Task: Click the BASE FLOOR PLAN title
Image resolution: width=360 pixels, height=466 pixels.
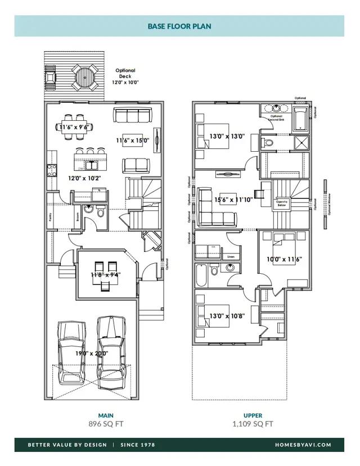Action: point(179,26)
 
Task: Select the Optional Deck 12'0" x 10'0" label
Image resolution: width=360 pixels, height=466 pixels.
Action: point(125,76)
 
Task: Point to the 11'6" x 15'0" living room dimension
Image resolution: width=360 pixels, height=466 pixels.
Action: point(132,141)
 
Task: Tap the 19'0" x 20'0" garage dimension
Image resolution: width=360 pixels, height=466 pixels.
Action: point(92,354)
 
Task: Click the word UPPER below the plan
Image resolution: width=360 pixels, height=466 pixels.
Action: point(253,415)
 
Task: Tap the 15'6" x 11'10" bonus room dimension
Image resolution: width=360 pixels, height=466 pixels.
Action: point(233,200)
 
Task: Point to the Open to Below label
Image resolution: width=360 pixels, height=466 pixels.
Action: point(281,203)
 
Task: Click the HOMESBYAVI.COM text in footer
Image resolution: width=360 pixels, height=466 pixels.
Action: point(303,445)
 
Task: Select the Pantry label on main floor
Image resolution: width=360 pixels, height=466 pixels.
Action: point(51,219)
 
